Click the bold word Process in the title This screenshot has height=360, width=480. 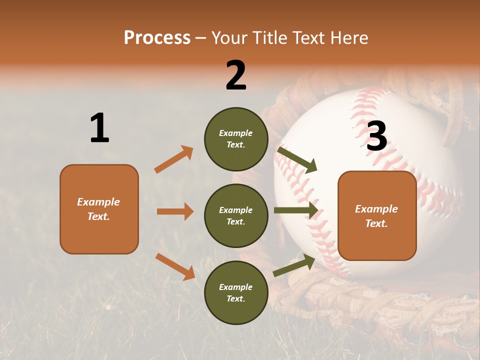(x=157, y=38)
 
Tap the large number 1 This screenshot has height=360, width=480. (x=99, y=128)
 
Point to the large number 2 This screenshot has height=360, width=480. (x=236, y=75)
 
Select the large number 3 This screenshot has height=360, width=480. (x=376, y=136)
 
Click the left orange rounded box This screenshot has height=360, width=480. (x=99, y=209)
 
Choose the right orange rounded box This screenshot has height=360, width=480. (x=377, y=215)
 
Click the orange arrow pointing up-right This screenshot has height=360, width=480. (x=174, y=159)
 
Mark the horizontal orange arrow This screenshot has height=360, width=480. (x=175, y=211)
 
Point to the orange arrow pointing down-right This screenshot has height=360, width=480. (x=175, y=266)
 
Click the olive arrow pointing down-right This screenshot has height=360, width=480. (x=297, y=159)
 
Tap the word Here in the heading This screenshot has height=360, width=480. (x=348, y=38)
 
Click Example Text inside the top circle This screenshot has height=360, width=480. (x=236, y=139)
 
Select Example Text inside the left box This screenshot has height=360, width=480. (x=98, y=209)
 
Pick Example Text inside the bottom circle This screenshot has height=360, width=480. (x=236, y=293)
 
